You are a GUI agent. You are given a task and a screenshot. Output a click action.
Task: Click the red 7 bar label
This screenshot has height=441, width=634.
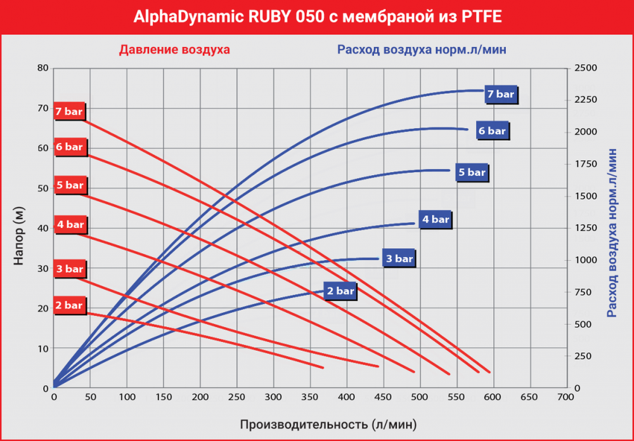coord(68,111)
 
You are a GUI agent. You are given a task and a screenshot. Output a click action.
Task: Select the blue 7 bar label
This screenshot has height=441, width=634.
coord(500,94)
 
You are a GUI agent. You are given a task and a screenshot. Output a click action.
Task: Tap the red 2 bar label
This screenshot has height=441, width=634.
coord(68,305)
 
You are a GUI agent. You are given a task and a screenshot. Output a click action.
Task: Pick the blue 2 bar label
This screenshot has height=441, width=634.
coord(340,291)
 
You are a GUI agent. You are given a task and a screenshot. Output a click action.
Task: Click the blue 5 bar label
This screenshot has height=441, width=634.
coord(472,172)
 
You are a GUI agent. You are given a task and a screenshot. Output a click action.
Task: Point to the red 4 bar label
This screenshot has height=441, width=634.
coord(70,225)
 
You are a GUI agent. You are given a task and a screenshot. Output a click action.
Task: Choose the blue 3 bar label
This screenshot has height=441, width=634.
coord(399,259)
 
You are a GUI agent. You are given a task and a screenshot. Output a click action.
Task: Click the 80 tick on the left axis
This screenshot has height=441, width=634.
coord(42,68)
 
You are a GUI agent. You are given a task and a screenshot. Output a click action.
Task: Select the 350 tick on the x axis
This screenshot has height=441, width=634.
coord(309,397)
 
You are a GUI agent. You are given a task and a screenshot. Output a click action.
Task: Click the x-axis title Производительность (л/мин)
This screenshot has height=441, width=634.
coord(328,423)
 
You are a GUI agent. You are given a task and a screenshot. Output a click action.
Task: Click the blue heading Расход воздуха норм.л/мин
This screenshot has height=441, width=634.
coord(422,49)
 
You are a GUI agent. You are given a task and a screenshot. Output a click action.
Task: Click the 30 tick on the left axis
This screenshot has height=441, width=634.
coord(42,268)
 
